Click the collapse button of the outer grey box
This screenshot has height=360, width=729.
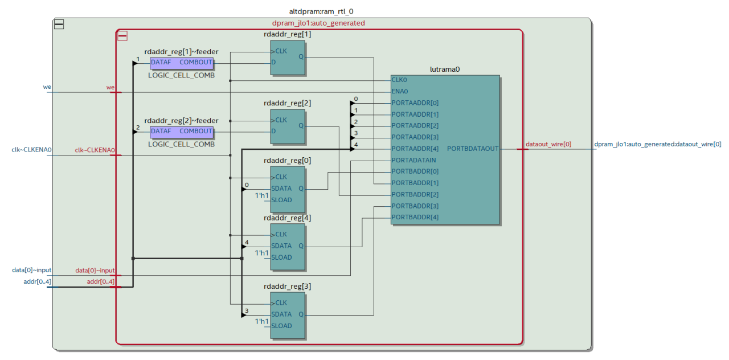point(59,24)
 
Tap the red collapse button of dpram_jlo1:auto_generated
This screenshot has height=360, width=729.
point(122,36)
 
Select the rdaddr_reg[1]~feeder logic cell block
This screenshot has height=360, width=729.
point(182,63)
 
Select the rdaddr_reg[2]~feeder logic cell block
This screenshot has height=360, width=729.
point(182,132)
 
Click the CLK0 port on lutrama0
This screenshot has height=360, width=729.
point(399,80)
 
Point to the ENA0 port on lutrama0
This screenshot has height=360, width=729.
point(400,92)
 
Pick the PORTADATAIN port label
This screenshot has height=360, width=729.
point(415,160)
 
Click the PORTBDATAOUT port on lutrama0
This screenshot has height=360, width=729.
point(473,149)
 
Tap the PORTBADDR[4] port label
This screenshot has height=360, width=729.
point(415,218)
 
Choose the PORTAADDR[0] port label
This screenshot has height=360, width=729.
point(415,103)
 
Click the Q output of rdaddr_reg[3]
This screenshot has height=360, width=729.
point(301,314)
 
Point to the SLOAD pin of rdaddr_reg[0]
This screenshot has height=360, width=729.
point(281,200)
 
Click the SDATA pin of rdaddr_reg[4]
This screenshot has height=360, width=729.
point(281,246)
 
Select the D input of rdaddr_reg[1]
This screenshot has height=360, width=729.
point(273,62)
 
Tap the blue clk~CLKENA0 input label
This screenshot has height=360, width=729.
point(32,150)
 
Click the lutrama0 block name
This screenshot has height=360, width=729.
point(445,69)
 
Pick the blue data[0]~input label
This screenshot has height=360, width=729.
point(32,270)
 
